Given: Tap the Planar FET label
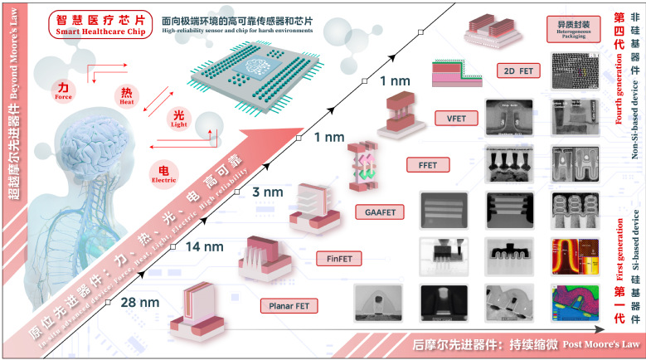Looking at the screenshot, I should tap(288, 306).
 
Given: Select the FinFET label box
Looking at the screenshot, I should tap(338, 259).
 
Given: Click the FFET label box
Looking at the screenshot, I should tap(428, 164).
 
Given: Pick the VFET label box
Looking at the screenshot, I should tap(454, 118).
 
